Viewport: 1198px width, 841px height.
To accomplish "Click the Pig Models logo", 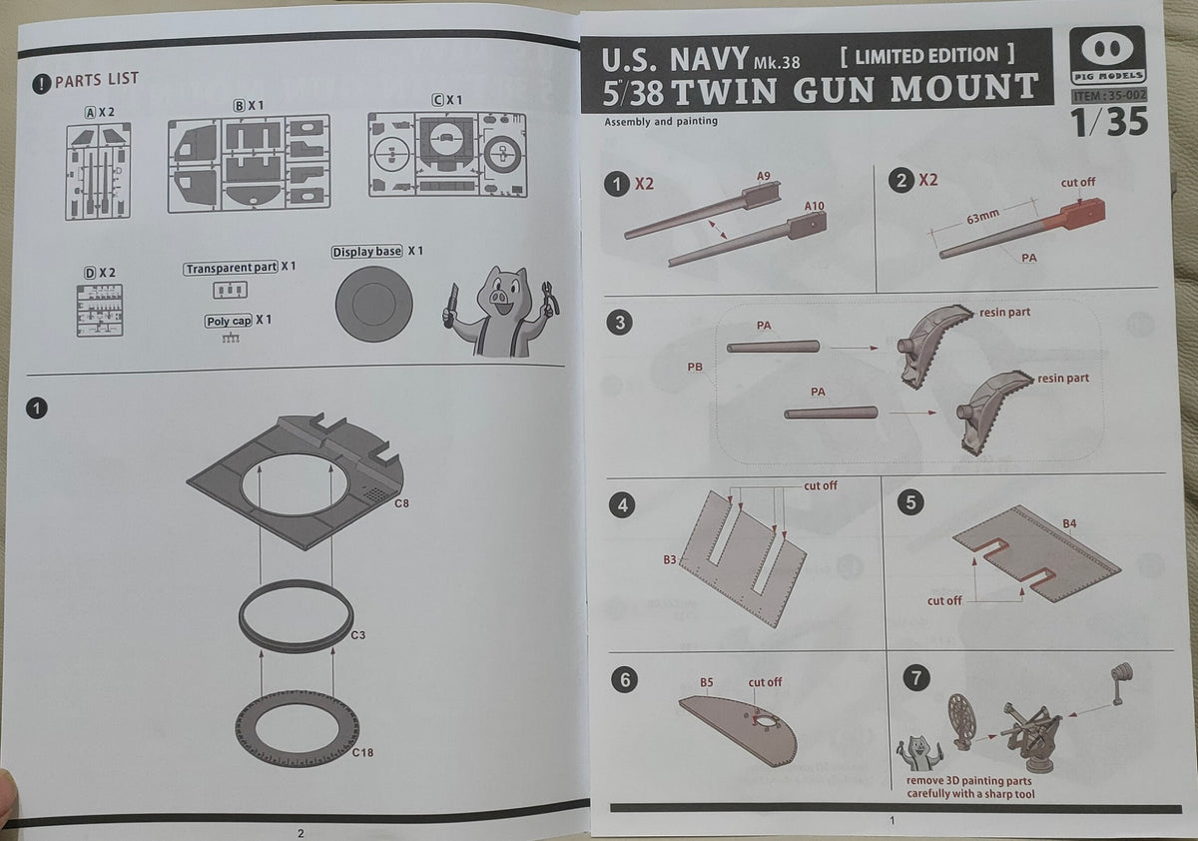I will [x=1107, y=56].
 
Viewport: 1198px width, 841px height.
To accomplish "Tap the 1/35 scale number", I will [x=1108, y=122].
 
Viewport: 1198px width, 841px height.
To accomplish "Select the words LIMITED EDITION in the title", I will [x=927, y=56].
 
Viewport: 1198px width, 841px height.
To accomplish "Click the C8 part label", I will [x=401, y=503].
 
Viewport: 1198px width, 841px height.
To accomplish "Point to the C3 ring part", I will [x=296, y=615].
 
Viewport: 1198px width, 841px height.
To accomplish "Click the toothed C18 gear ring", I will [x=297, y=732].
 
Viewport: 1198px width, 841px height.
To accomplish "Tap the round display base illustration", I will [x=374, y=305].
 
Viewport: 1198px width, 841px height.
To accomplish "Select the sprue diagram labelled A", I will [x=98, y=171].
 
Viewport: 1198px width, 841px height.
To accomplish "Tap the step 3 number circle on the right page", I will [x=622, y=324].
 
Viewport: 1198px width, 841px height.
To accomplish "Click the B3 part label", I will [x=670, y=560].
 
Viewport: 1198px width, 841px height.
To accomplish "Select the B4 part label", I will [x=1069, y=522].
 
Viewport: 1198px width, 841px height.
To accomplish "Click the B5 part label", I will [x=706, y=682].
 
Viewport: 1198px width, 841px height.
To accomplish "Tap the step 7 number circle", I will [x=915, y=678].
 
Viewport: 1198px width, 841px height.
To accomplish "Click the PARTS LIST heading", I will [x=96, y=80].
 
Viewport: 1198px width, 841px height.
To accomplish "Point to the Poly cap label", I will [x=229, y=321].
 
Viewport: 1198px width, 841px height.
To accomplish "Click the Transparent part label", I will [x=231, y=268].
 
